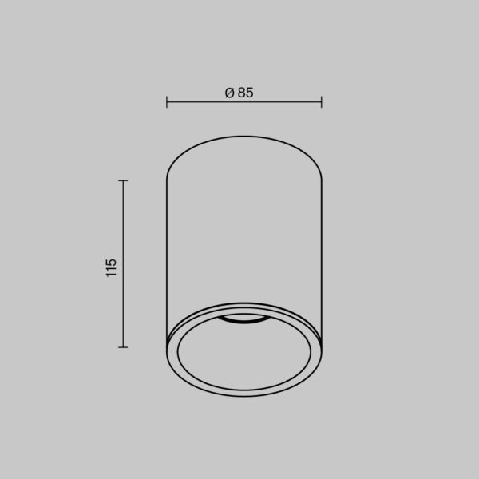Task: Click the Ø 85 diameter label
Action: [239, 93]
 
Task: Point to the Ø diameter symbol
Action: [229, 93]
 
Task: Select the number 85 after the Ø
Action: [245, 93]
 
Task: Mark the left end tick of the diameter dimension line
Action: [166, 102]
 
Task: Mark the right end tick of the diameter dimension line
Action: [322, 102]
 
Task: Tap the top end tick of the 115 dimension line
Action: [123, 181]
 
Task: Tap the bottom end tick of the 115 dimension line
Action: [123, 346]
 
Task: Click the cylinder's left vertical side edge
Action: [166, 255]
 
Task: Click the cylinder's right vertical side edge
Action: [322, 255]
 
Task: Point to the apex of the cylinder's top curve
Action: [243, 137]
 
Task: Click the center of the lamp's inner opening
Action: [243, 355]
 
